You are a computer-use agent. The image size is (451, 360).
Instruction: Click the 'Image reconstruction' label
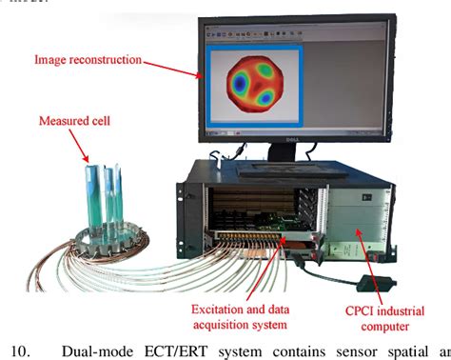coord(88,60)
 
